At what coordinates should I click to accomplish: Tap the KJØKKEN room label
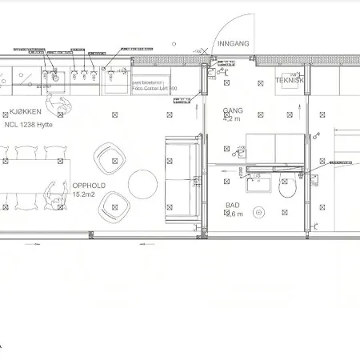point(26,114)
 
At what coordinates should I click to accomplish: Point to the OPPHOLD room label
point(88,186)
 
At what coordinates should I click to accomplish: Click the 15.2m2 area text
point(85,194)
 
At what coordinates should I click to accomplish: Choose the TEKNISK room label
point(289,81)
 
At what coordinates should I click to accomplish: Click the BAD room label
point(232,206)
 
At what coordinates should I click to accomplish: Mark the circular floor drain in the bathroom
point(258,214)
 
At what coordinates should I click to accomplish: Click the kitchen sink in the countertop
point(54,77)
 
